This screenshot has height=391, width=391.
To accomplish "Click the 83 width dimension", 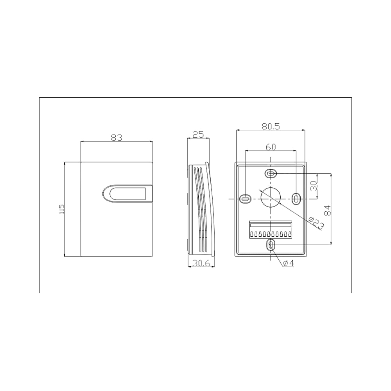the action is [117, 137].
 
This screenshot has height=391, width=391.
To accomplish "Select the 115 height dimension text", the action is [62, 209].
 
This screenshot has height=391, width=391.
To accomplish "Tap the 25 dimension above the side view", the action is [198, 135].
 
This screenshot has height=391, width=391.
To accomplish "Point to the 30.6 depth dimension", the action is [201, 263].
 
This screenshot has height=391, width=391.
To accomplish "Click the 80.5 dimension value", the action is [271, 126].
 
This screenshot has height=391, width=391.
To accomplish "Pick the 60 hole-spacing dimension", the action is [271, 147].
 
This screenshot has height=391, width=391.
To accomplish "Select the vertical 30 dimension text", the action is [314, 186].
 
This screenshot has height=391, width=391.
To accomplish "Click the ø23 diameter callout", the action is [316, 222].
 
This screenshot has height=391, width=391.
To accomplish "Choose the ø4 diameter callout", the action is [289, 263].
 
